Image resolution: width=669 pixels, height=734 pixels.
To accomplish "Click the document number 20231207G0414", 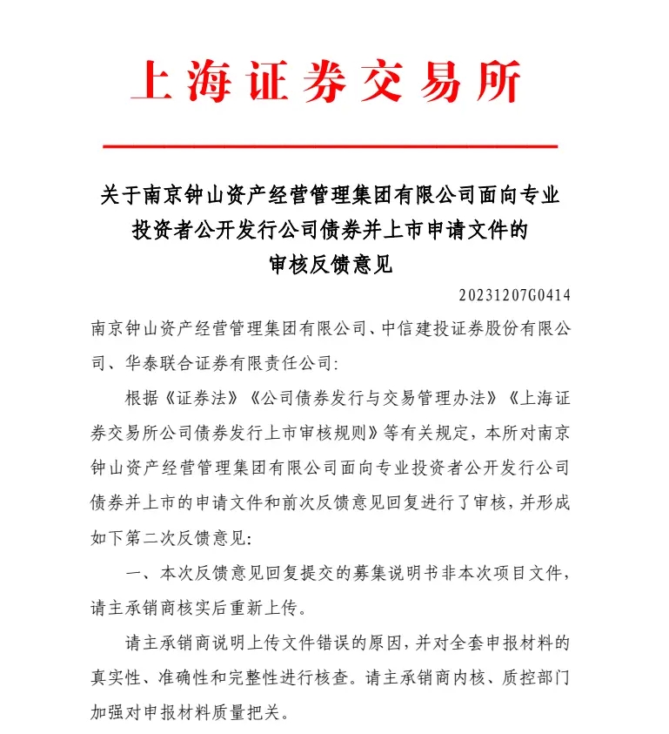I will click(513, 295).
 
